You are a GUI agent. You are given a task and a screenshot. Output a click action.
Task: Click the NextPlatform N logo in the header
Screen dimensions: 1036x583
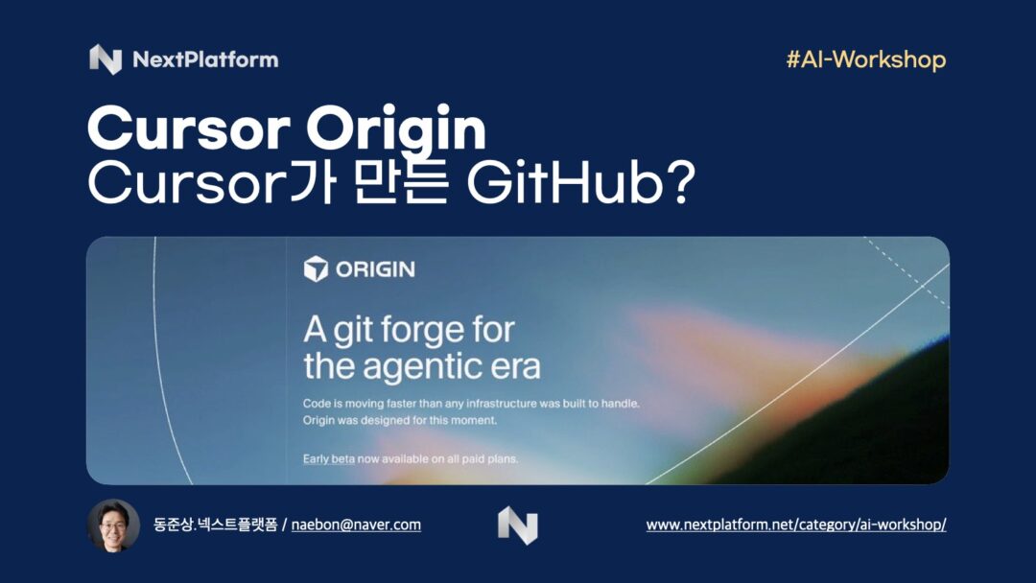pos(106,59)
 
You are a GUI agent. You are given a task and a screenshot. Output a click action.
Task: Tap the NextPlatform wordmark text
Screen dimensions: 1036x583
pos(205,60)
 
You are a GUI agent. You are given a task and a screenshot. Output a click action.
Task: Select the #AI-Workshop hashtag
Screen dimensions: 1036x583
pos(866,60)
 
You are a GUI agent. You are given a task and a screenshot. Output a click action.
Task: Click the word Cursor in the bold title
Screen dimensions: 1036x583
pos(189,128)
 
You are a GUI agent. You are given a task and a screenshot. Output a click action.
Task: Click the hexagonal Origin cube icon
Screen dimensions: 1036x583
pos(316,268)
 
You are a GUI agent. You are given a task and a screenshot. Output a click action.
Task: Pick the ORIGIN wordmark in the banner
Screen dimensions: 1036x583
pos(375,269)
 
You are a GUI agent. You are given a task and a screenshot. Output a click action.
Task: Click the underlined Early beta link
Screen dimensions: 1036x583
pos(328,459)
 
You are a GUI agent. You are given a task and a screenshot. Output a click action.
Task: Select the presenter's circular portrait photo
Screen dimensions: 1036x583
pos(113,525)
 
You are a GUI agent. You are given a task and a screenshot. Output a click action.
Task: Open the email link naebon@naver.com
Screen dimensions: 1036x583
pos(356,525)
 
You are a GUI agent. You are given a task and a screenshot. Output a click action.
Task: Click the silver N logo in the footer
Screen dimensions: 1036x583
pos(518,525)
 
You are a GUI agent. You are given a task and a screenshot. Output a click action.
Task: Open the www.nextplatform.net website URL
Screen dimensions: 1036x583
pos(796,525)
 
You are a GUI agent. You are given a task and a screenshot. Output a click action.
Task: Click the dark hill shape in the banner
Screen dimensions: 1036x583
pos(879,430)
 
